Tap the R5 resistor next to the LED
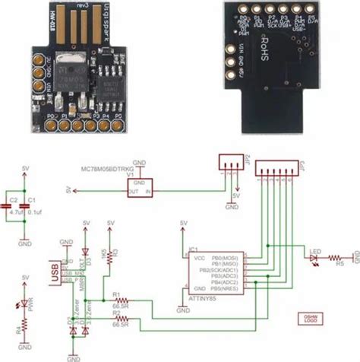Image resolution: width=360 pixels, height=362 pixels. pyautogui.click(x=339, y=259)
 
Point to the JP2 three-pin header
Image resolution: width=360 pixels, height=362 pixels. pyautogui.click(x=229, y=162)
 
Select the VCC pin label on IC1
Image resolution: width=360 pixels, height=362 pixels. pyautogui.click(x=194, y=259)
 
